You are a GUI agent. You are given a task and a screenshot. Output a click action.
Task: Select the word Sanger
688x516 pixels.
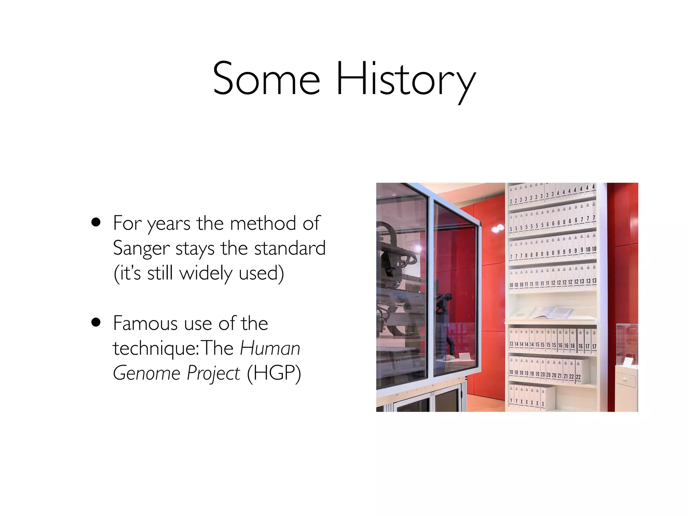click(x=141, y=249)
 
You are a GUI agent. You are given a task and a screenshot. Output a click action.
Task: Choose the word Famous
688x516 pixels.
click(x=145, y=323)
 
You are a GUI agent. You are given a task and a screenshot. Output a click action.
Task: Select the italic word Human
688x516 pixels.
click(x=270, y=348)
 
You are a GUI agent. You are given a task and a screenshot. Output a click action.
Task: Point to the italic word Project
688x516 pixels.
click(x=213, y=373)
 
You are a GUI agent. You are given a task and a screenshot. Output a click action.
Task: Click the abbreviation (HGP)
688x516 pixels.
click(x=274, y=373)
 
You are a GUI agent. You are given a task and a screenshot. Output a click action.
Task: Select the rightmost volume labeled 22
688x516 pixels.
click(x=578, y=373)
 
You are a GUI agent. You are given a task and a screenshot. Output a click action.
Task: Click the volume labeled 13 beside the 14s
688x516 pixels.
click(x=511, y=340)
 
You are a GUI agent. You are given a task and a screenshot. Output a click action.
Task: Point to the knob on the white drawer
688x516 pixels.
click(x=625, y=380)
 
